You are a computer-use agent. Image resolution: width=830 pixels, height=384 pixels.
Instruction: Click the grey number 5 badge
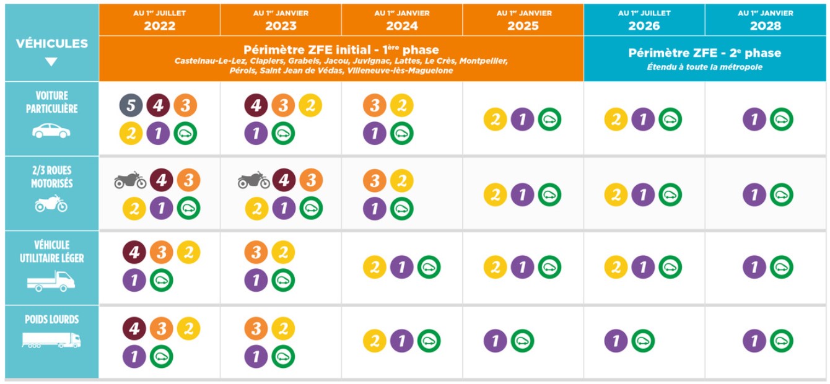[131, 106]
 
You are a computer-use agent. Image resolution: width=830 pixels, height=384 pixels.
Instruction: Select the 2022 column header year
[159, 26]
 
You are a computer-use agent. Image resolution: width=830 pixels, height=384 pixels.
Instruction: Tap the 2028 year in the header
[766, 26]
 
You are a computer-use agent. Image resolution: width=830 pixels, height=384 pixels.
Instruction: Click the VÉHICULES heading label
[51, 43]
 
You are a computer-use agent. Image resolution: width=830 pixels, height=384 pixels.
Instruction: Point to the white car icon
[51, 131]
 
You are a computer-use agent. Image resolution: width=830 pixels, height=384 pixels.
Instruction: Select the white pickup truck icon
[51, 281]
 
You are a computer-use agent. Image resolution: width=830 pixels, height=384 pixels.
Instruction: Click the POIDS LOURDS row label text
[51, 320]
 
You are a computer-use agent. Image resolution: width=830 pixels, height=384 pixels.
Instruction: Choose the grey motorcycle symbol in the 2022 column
[130, 180]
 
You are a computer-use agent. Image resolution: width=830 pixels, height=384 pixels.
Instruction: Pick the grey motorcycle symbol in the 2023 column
[253, 180]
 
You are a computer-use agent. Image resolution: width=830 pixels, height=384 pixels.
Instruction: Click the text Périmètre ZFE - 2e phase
[705, 53]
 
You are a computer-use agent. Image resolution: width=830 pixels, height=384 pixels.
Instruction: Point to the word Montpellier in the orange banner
[483, 61]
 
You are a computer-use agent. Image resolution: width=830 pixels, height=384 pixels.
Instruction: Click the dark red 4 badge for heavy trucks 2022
[134, 328]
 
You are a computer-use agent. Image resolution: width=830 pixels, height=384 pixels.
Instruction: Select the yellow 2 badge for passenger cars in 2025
[496, 119]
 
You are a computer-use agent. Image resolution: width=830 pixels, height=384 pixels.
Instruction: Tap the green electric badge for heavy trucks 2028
[782, 341]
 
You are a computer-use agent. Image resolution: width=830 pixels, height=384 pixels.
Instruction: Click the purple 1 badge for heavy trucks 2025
[496, 341]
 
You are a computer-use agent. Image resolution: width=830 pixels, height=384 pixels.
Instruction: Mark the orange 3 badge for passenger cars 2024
[375, 106]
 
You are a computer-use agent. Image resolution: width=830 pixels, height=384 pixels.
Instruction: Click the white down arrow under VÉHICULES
[51, 61]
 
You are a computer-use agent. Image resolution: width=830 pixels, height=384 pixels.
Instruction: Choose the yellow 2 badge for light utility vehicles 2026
[616, 268]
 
